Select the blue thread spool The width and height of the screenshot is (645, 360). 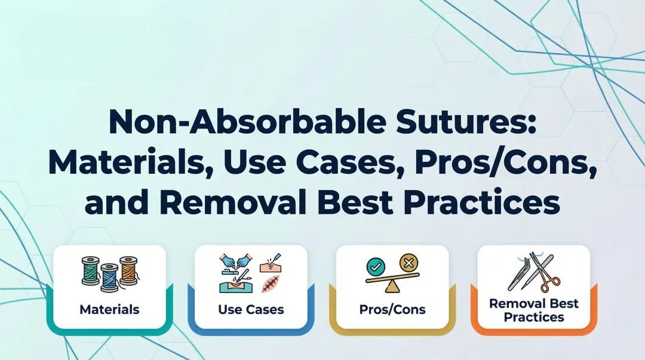coord(109,278)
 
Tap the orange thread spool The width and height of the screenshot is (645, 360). coord(128,270)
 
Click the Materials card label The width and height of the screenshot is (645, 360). coord(109,309)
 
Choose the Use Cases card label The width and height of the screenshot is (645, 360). coord(250,309)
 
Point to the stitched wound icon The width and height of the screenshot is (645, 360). coord(270,284)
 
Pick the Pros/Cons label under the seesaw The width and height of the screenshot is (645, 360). coord(392,309)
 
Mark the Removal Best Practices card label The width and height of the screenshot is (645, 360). coord(533,310)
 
